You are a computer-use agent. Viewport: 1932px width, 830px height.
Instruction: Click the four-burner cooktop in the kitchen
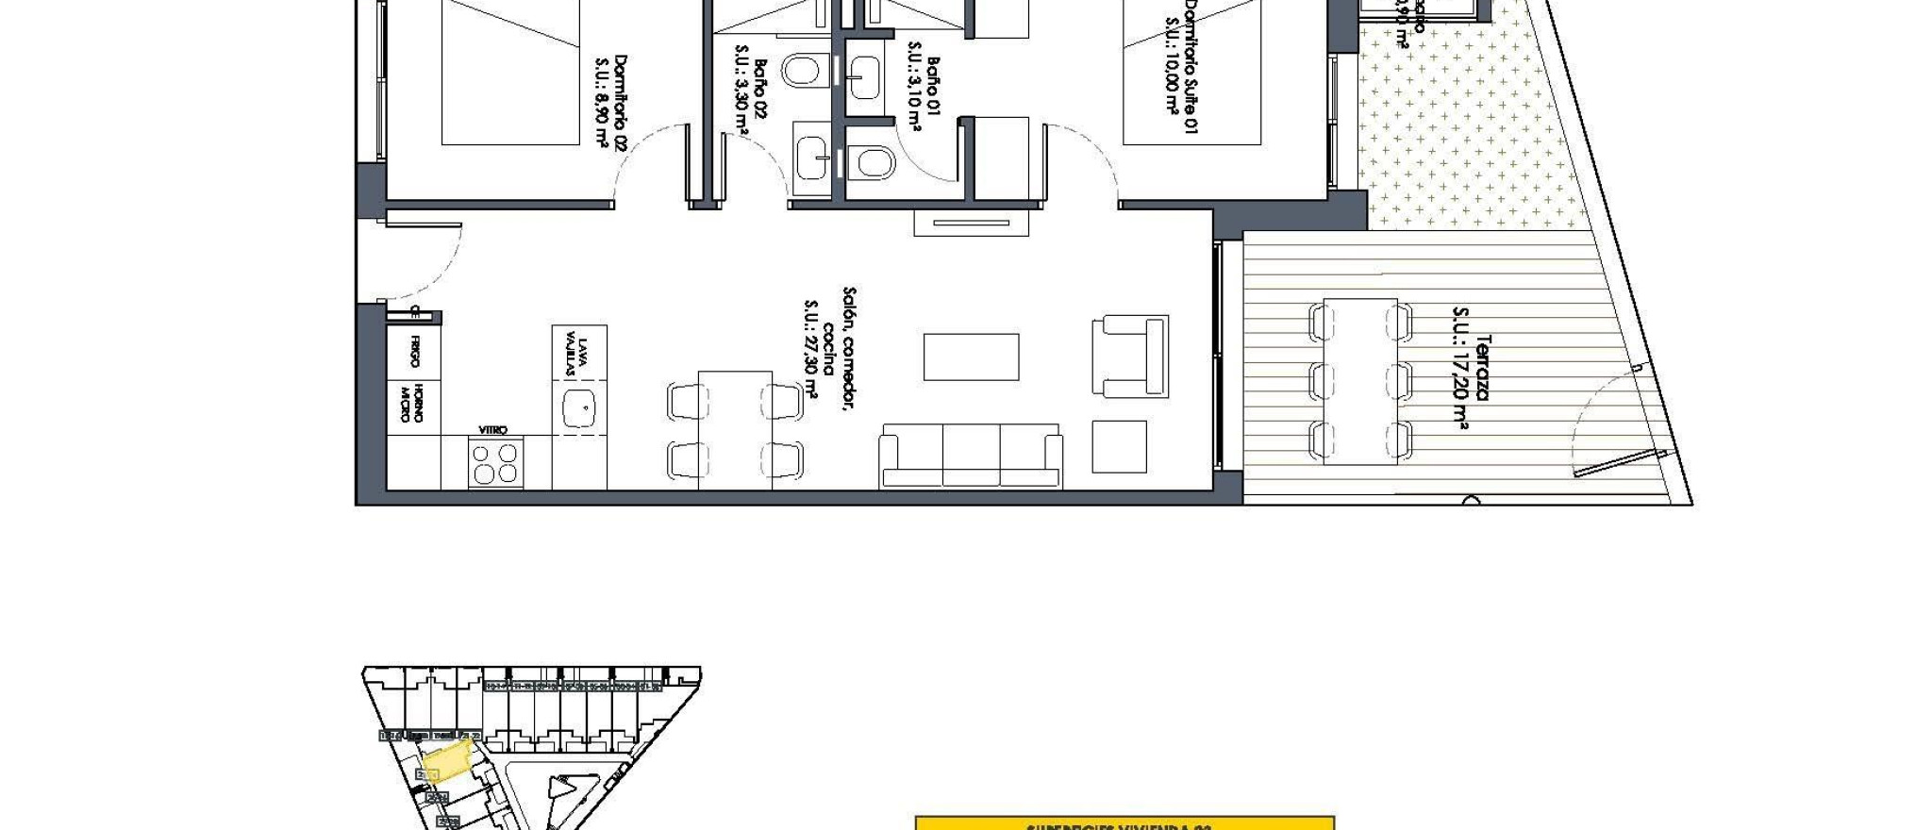pyautogui.click(x=495, y=463)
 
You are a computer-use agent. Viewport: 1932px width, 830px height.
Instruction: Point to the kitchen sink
pyautogui.click(x=579, y=408)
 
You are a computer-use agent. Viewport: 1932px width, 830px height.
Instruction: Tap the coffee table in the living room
pyautogui.click(x=971, y=357)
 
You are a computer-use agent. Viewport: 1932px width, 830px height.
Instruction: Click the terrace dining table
pyautogui.click(x=1359, y=381)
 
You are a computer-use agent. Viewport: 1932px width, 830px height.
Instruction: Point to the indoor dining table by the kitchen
pyautogui.click(x=735, y=429)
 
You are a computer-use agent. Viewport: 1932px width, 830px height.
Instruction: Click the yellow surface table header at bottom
pyautogui.click(x=1124, y=823)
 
